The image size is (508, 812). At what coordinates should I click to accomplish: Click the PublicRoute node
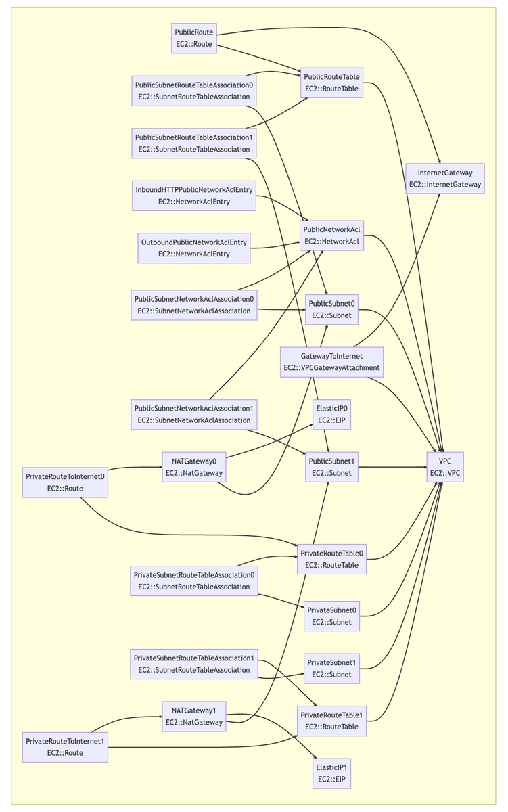click(194, 38)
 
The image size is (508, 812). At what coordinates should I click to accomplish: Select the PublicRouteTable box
click(331, 83)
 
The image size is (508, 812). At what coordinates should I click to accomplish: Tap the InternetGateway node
click(445, 178)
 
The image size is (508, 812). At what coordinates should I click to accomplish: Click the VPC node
click(445, 467)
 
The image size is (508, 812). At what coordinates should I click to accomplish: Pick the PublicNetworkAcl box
click(331, 235)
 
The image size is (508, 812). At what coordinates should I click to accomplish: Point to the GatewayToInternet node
click(331, 362)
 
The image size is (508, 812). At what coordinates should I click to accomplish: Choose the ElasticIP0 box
click(331, 415)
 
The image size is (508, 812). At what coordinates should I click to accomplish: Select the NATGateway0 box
click(194, 467)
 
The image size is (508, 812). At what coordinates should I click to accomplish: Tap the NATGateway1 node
click(194, 717)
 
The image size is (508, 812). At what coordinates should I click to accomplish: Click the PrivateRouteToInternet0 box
click(65, 482)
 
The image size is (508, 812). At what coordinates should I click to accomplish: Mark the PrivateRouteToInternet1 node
click(65, 746)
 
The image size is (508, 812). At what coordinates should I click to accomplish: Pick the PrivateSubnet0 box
click(331, 616)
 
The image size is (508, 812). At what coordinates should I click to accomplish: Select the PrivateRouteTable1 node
click(331, 721)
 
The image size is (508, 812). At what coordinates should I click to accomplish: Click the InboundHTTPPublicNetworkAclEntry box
click(194, 196)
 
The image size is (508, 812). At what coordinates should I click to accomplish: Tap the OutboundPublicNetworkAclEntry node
click(194, 248)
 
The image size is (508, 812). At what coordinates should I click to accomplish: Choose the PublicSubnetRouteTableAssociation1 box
click(194, 143)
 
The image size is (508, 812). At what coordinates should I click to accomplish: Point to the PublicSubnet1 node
click(331, 467)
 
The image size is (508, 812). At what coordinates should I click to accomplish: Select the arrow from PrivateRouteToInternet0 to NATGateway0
click(135, 467)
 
